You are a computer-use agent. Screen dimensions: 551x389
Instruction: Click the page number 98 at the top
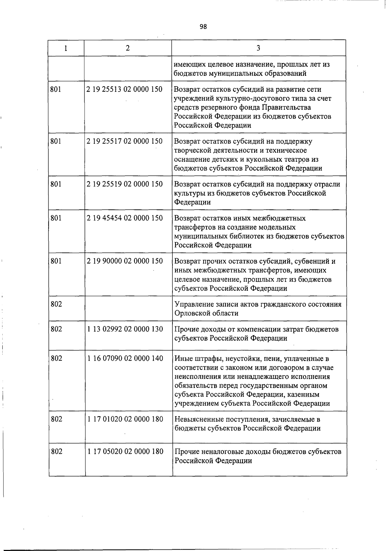click(x=203, y=27)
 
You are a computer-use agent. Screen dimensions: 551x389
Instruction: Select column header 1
click(x=66, y=48)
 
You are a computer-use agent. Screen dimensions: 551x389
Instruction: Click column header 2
click(x=128, y=48)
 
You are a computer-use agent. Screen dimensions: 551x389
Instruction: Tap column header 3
click(x=258, y=48)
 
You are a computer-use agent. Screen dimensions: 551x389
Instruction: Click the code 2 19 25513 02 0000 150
click(x=124, y=89)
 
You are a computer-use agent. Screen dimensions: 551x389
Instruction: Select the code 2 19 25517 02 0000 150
click(x=124, y=141)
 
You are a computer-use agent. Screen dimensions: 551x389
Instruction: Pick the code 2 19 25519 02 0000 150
click(x=124, y=184)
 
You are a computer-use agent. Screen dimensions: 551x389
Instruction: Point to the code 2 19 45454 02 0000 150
click(x=124, y=218)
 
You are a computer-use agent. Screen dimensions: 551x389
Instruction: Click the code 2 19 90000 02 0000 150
click(x=124, y=261)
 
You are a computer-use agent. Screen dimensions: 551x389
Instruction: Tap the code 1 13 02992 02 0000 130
click(x=125, y=329)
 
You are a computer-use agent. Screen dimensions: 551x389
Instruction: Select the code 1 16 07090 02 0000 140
click(x=125, y=358)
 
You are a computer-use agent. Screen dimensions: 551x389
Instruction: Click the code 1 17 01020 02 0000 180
click(x=125, y=419)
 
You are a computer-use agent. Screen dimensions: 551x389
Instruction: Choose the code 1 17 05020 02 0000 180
click(x=125, y=451)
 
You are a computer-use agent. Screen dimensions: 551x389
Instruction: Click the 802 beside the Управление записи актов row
click(x=56, y=304)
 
